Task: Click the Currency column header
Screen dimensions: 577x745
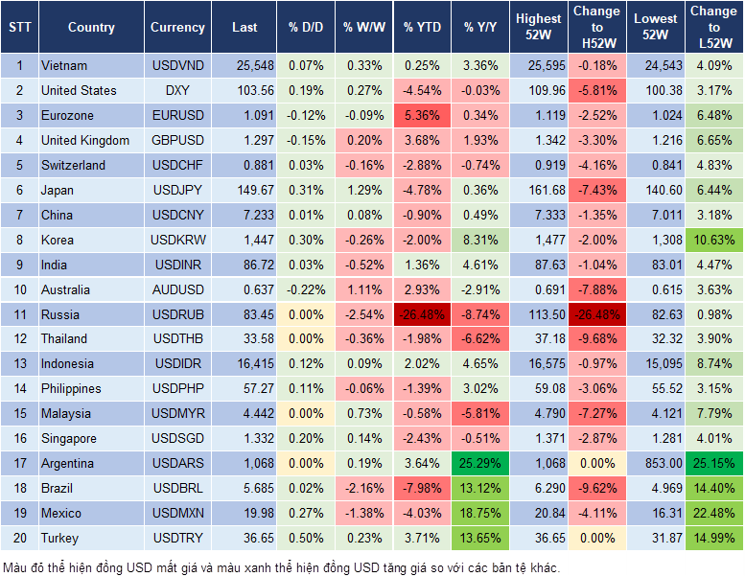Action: tap(177, 28)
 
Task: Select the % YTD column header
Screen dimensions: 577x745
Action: tap(422, 28)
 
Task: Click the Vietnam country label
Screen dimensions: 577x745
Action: tap(64, 65)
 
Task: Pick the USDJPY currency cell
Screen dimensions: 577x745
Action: tap(177, 190)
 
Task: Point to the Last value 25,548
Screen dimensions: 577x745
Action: tap(244, 65)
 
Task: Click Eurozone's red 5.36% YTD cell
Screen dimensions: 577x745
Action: tap(422, 115)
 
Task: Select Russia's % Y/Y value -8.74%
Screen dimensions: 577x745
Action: tap(480, 314)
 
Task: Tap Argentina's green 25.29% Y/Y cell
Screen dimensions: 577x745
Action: tap(480, 463)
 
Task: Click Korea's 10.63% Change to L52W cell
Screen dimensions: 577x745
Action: tap(714, 240)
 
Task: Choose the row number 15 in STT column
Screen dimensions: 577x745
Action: tap(19, 413)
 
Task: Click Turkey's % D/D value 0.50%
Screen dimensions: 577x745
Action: tap(305, 538)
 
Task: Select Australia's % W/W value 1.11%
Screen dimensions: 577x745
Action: tap(363, 289)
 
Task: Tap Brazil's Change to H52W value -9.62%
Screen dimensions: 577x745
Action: tap(596, 488)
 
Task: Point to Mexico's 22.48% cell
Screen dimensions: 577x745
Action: tap(714, 513)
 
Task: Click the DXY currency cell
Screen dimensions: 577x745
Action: tap(177, 90)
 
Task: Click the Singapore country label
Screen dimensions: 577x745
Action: tap(69, 438)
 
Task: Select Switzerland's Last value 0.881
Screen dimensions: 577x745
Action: tap(244, 165)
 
